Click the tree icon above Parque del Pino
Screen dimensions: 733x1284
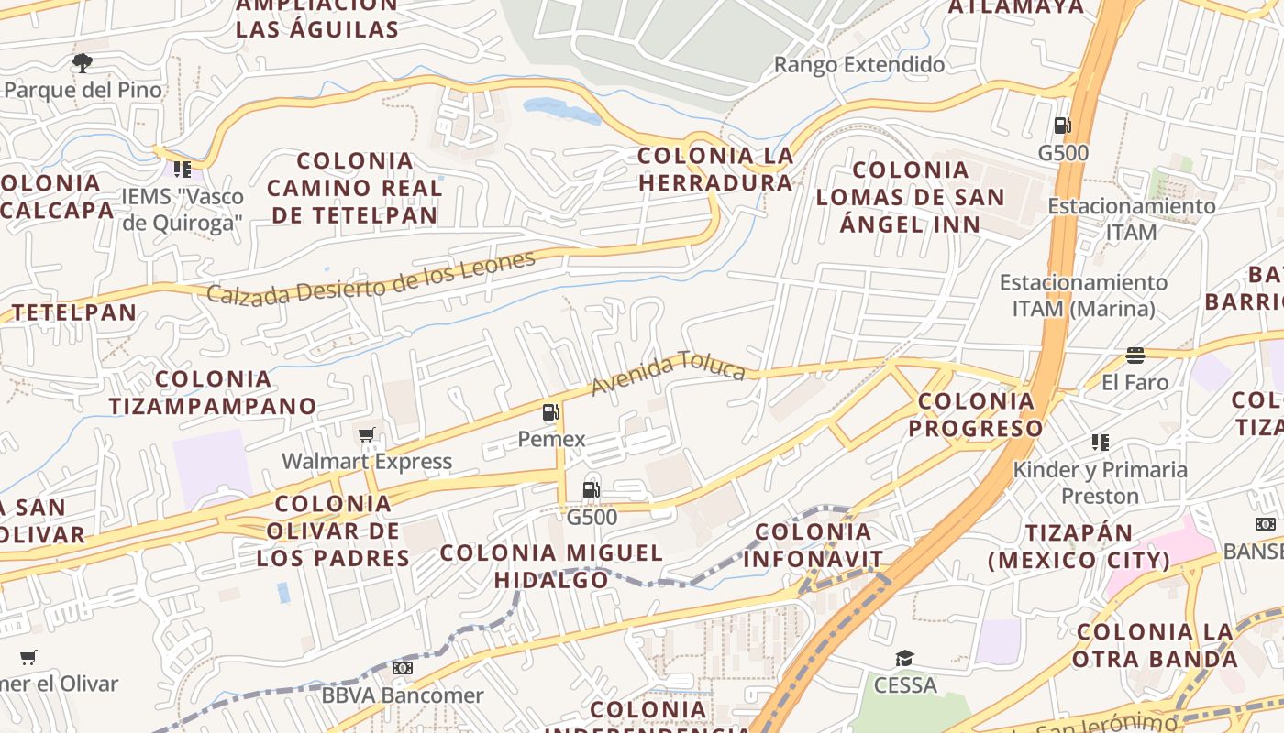coord(83,63)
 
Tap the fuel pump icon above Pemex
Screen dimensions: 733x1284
coord(551,412)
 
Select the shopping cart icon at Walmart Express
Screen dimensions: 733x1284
coord(367,434)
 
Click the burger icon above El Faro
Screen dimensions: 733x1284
coord(1135,356)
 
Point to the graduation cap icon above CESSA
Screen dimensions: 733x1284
coord(905,658)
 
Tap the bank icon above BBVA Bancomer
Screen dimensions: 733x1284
coord(402,668)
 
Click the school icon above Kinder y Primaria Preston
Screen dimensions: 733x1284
coord(1101,443)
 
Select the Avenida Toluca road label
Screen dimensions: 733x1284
coord(668,373)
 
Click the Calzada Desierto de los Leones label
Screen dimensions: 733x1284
coord(371,278)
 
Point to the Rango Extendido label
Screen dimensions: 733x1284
coord(859,65)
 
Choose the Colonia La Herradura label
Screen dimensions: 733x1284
coord(715,170)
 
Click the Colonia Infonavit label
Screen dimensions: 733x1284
coord(814,545)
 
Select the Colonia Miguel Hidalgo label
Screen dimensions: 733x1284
coord(551,566)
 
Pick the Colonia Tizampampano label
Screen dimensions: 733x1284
coord(213,392)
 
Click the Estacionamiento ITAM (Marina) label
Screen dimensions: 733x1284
coord(1083,295)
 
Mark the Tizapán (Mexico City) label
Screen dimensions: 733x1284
coord(1079,546)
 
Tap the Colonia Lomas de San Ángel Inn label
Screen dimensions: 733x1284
coord(910,197)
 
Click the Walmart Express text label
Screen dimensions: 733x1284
coord(367,461)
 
